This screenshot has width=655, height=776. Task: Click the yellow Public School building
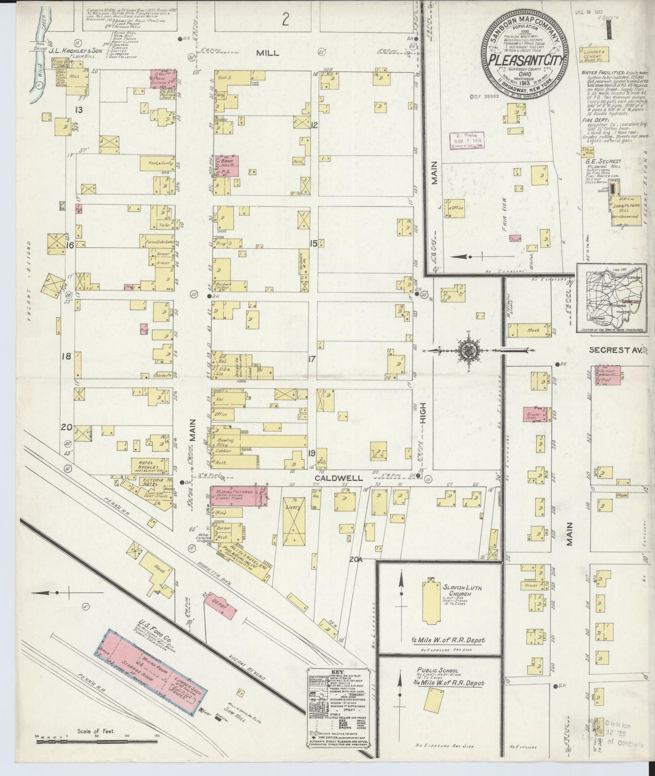(434, 702)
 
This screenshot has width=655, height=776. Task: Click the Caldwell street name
(339, 478)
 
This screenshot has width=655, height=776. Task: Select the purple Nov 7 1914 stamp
(467, 141)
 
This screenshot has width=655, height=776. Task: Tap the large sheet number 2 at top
(285, 20)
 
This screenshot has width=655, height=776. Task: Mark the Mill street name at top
(268, 53)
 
